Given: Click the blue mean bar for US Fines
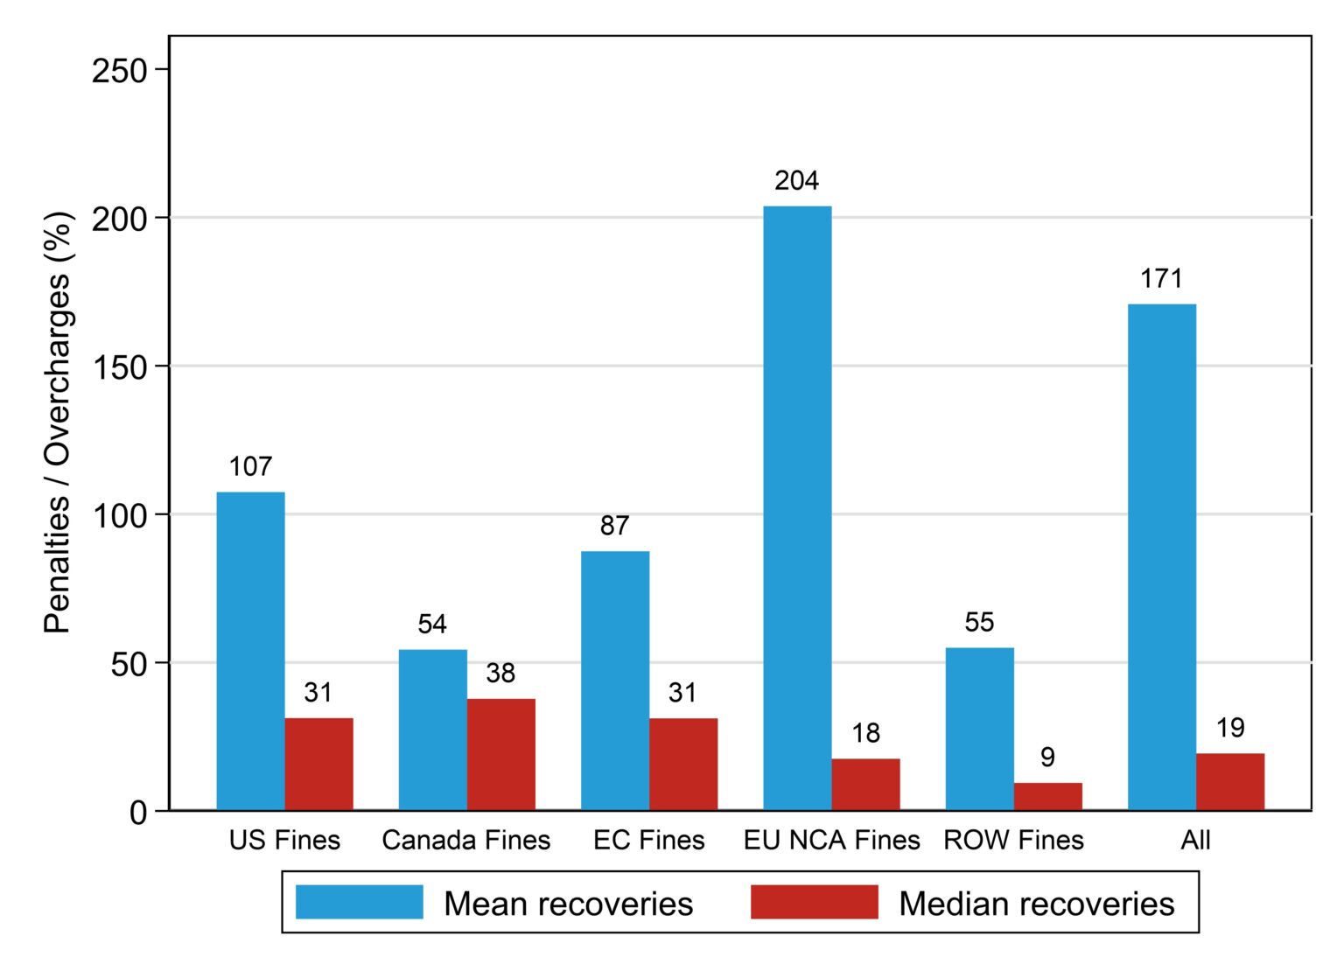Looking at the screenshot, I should pos(250,651).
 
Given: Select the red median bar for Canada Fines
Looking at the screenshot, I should pos(500,754).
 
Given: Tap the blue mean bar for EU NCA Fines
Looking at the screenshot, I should pos(797,507).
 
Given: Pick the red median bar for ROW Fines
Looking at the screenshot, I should pos(1047,796).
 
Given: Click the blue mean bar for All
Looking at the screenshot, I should pos(1161,556).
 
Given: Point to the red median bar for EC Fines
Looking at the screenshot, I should pos(682,764).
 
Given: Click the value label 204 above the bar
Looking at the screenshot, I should pos(796,180).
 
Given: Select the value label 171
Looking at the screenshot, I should pos(1161,279).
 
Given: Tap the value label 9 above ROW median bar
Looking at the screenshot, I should pos(1047,757).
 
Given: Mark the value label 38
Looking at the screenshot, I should pos(500,673).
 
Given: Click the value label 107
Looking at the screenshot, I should pos(250,467).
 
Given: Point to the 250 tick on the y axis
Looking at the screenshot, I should pos(120,71).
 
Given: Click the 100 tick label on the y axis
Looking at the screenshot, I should pos(120,516).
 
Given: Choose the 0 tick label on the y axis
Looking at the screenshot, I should pos(138,813).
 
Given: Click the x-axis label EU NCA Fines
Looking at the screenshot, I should pos(831,841).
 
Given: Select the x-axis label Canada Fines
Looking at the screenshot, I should pos(466,841).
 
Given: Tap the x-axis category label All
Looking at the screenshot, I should pos(1195,841).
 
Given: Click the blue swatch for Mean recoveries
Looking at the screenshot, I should pos(359,902).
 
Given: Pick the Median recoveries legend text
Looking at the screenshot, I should pos(1036,904).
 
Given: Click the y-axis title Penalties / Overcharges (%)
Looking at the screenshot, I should pos(58,423).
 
